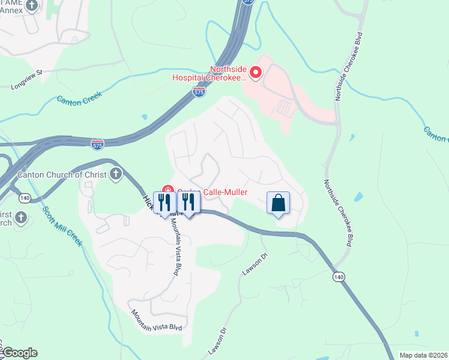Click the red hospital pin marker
click(256, 73)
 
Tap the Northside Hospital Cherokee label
click(228, 73)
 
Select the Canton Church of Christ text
click(62, 175)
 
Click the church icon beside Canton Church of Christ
click(116, 175)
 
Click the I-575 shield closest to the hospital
click(199, 92)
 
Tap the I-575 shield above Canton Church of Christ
click(97, 145)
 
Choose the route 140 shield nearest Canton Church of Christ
click(25, 197)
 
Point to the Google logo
click(19, 353)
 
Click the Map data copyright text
click(423, 355)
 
